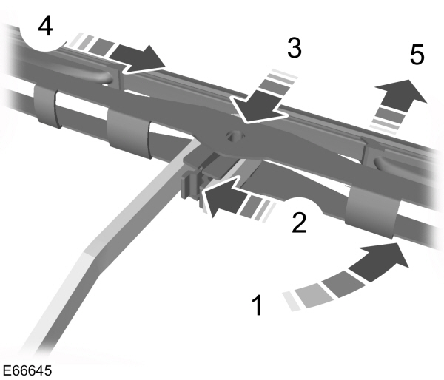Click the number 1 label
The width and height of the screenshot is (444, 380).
(257, 304)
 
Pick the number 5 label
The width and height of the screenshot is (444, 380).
(417, 55)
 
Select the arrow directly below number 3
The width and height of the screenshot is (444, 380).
(261, 110)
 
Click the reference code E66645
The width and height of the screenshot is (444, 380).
(27, 368)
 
